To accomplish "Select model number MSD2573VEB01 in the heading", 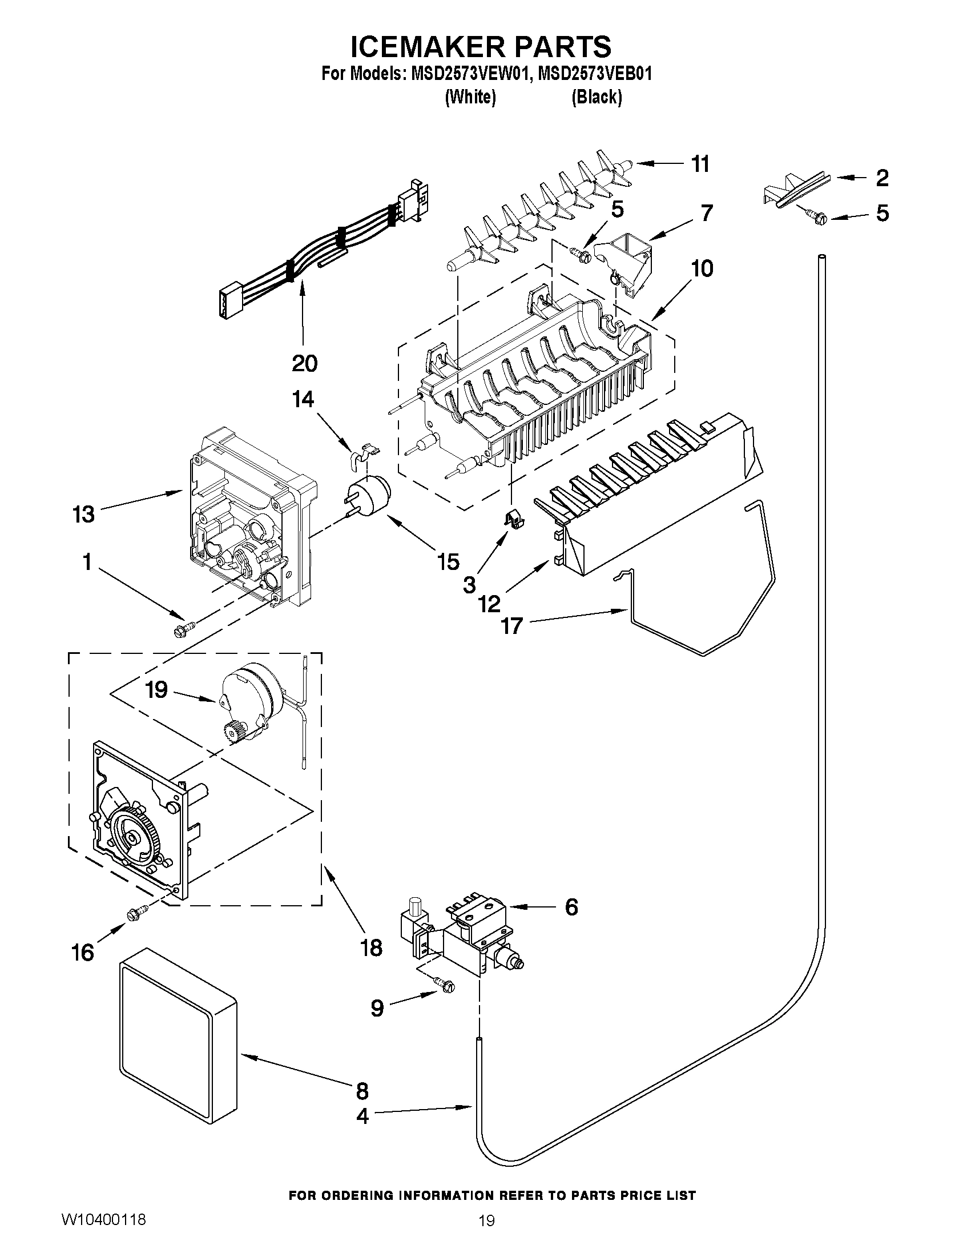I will pos(594,74).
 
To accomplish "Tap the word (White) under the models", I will pos(470,97).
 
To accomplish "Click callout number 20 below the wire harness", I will pos(304,363).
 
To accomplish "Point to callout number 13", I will pos(84,514).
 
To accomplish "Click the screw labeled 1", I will pos(184,628).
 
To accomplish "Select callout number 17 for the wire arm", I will pos(511,625).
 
